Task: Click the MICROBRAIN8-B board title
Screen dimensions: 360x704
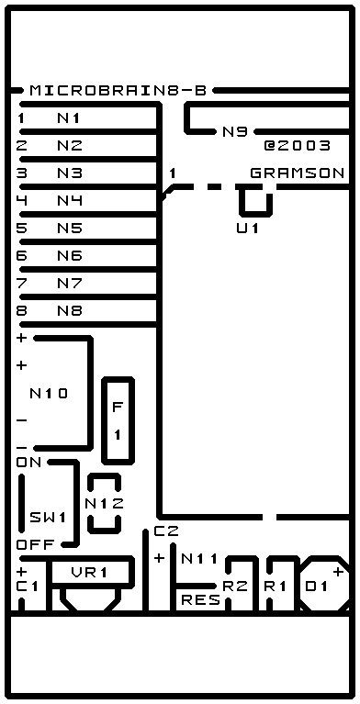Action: (x=118, y=91)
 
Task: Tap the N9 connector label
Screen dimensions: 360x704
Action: (x=234, y=132)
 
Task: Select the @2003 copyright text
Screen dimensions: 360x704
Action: (x=297, y=145)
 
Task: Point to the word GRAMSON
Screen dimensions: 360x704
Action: (x=297, y=173)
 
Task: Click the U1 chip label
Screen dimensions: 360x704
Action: (x=248, y=229)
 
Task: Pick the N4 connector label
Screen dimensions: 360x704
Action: (x=70, y=201)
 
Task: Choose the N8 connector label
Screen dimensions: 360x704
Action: (x=70, y=310)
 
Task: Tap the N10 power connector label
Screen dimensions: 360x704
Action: (x=49, y=394)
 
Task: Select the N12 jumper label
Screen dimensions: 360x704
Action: (x=105, y=504)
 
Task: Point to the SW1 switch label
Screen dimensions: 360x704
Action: (x=48, y=518)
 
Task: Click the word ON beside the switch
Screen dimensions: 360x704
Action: (x=28, y=463)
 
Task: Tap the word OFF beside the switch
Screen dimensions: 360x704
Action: (x=36, y=545)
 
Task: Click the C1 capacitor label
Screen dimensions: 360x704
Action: (x=28, y=587)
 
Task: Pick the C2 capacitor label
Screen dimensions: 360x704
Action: (x=166, y=531)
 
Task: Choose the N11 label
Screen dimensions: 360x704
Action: (x=199, y=559)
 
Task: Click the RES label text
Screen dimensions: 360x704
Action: (x=201, y=600)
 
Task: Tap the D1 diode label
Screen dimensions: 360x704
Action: (x=317, y=587)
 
